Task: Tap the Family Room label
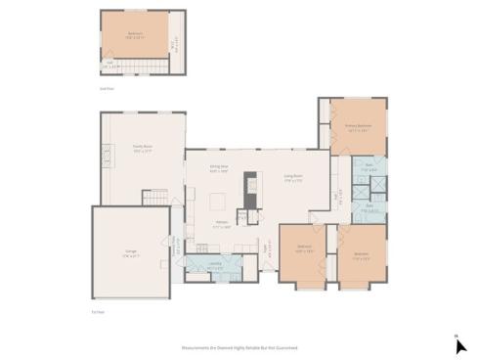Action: point(143,149)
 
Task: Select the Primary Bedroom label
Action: point(357,127)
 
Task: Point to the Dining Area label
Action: point(219,168)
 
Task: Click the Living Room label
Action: point(292,178)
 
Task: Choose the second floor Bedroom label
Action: point(134,34)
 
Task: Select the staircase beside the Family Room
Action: point(156,199)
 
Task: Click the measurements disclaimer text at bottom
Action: point(239,347)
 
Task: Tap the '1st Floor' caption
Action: point(97,312)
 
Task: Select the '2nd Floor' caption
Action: point(108,87)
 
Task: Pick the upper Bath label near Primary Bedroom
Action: point(370,168)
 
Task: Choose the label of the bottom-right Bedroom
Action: point(361,253)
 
